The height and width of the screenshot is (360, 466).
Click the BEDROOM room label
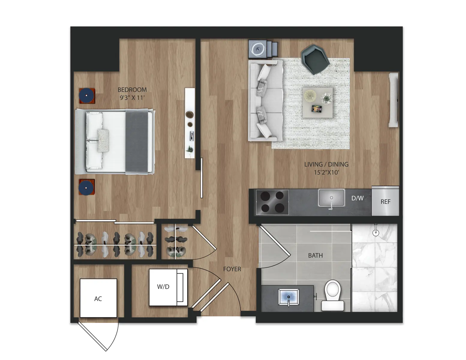[132, 89]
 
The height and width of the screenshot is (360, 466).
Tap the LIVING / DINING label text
[326, 164]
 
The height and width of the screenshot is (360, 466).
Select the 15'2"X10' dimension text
[326, 172]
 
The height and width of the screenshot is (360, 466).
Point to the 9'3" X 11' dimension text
[132, 97]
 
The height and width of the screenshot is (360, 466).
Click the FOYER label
[232, 269]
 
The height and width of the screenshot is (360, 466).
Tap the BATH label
[315, 256]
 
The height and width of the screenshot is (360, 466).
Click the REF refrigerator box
[385, 202]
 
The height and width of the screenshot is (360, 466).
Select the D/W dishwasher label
[357, 198]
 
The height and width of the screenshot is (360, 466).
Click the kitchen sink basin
[331, 198]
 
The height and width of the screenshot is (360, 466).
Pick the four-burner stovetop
[272, 202]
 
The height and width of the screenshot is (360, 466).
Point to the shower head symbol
[375, 232]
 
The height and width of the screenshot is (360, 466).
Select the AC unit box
[98, 298]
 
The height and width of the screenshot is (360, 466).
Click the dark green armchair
[314, 59]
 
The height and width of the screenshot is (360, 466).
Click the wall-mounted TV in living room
[393, 100]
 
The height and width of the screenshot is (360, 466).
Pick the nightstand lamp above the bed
[87, 96]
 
